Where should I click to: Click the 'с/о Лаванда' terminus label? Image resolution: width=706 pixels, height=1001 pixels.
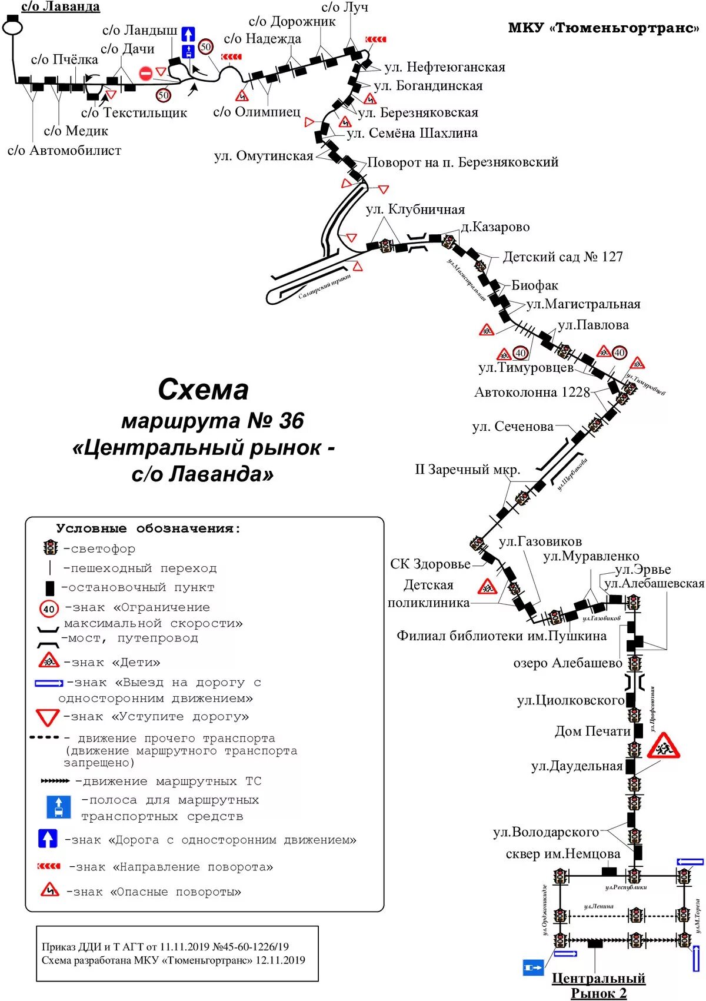[61, 7]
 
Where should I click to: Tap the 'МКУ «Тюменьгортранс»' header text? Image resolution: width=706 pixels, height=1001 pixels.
[603, 28]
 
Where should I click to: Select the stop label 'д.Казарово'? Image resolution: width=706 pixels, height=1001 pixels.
[495, 227]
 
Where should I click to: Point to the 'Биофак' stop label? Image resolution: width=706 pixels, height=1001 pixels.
[534, 285]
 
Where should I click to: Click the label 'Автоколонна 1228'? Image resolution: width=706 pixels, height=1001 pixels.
[532, 393]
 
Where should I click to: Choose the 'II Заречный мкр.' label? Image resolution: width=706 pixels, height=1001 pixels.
[468, 470]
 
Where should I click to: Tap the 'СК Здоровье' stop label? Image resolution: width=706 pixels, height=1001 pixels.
[430, 564]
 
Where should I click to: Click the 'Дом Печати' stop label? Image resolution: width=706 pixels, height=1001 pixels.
[592, 731]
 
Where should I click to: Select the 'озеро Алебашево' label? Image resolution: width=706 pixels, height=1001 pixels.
[567, 663]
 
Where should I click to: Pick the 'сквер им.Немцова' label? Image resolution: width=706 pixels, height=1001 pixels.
[562, 854]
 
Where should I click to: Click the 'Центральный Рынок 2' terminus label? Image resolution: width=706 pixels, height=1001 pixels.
[598, 986]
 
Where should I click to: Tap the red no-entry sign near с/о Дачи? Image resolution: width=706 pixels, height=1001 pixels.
[145, 74]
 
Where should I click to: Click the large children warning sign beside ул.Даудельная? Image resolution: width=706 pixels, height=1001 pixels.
[663, 746]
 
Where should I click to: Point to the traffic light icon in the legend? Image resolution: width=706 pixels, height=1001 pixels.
[51, 548]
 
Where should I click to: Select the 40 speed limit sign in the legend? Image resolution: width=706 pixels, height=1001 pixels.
[49, 609]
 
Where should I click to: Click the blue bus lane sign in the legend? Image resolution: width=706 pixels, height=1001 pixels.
[59, 807]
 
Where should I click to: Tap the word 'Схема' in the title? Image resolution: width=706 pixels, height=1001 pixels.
[203, 390]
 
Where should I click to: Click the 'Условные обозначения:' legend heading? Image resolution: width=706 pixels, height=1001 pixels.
[148, 528]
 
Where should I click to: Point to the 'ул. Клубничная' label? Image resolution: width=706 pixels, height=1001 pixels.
[415, 209]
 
